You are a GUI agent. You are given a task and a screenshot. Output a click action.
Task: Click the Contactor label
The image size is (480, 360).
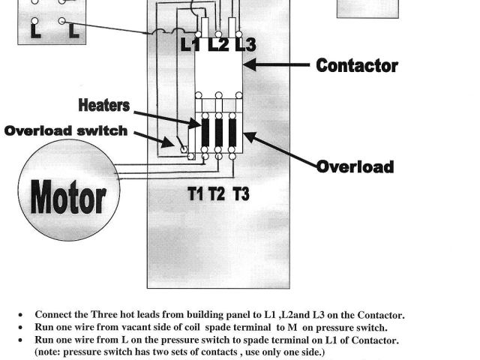(x=357, y=65)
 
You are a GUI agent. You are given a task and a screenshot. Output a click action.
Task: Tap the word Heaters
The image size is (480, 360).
(x=104, y=106)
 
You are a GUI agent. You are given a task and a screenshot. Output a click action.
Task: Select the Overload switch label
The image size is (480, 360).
(x=66, y=130)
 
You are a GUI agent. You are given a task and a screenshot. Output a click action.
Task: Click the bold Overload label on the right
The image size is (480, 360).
(x=355, y=166)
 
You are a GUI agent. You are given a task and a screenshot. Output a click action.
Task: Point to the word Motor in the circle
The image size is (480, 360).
(x=68, y=198)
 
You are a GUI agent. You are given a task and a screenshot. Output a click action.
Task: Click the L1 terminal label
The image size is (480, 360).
(x=190, y=45)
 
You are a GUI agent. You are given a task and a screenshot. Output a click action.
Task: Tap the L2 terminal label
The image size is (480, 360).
(x=218, y=45)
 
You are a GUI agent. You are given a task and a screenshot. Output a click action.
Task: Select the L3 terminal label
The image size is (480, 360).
(x=244, y=45)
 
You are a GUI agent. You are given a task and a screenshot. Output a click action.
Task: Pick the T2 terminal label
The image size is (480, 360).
(x=217, y=194)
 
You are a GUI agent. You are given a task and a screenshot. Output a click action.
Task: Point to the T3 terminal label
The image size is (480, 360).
(x=241, y=194)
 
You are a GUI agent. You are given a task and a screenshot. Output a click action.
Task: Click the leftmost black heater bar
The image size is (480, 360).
(x=205, y=133)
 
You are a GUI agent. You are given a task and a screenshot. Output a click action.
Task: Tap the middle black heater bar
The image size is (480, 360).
(x=218, y=133)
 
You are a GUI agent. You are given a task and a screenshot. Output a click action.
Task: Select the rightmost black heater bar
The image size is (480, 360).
(x=232, y=133)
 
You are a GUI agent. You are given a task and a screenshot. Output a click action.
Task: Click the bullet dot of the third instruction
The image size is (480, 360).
(x=18, y=340)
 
